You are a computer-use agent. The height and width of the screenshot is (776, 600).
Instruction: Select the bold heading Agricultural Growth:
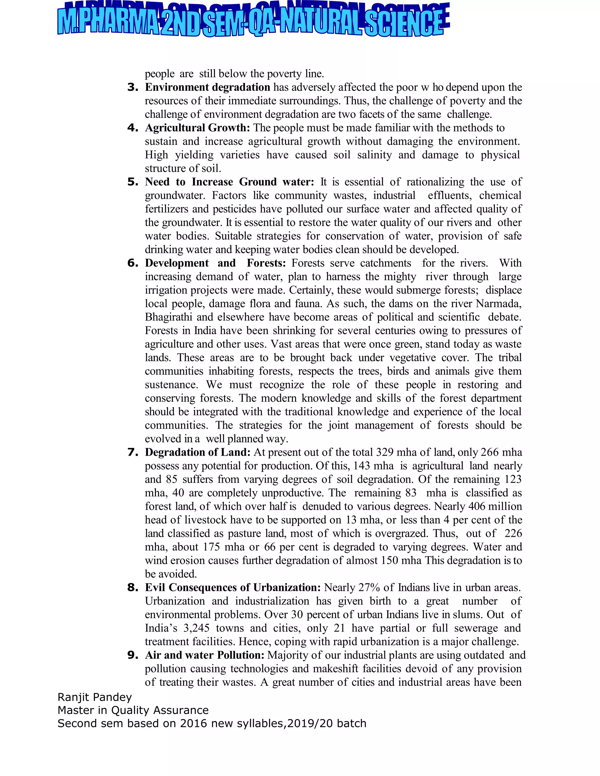tap(197, 128)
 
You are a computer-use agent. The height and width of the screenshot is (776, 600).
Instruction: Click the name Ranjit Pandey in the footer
tap(95, 698)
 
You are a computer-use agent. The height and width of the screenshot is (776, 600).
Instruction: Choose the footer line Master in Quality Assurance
tap(133, 710)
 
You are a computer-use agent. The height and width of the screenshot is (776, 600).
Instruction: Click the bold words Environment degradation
tap(208, 87)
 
